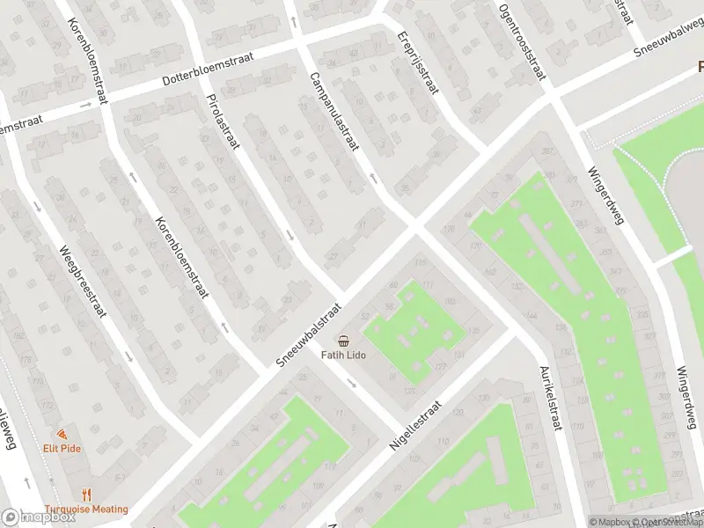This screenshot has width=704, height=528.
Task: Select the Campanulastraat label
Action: pyautogui.click(x=333, y=111)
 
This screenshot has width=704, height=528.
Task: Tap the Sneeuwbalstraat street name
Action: pyautogui.click(x=309, y=338)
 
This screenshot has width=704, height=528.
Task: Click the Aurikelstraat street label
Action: pyautogui.click(x=551, y=399)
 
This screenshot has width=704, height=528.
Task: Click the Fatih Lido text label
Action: pyautogui.click(x=343, y=356)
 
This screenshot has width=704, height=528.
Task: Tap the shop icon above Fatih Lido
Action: pyautogui.click(x=343, y=341)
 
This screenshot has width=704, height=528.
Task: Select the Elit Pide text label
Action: pyautogui.click(x=62, y=448)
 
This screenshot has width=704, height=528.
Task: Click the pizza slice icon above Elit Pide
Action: pyautogui.click(x=62, y=435)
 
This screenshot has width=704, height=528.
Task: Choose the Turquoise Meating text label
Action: pyautogui.click(x=86, y=509)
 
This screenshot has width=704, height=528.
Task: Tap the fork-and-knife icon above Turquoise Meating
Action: pyautogui.click(x=86, y=495)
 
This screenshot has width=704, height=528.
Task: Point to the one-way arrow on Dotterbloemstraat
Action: pyautogui.click(x=86, y=105)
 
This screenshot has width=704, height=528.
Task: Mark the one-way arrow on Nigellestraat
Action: pyautogui.click(x=351, y=383)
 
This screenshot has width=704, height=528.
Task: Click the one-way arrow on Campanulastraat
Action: pyautogui.click(x=373, y=179)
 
